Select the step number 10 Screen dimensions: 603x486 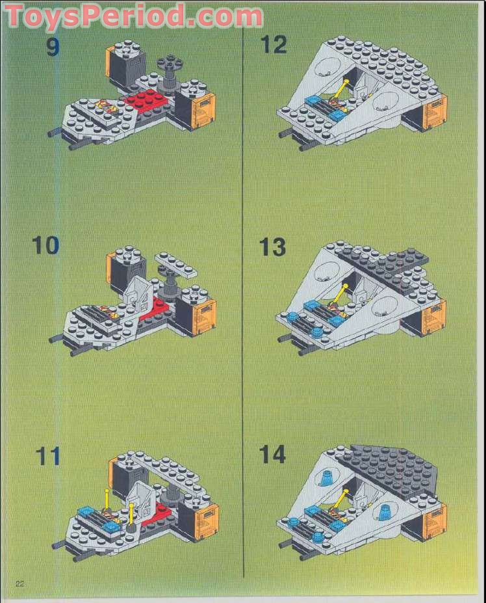pyautogui.click(x=45, y=246)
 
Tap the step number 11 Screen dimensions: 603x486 pyautogui.click(x=47, y=455)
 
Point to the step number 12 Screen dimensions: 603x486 pyautogui.click(x=274, y=45)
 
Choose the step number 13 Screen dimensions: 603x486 pyautogui.click(x=272, y=247)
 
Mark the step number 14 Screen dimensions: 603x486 pyautogui.click(x=272, y=455)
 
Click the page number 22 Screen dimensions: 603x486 pyautogui.click(x=19, y=582)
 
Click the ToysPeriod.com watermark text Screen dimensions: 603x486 pyautogui.click(x=134, y=16)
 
